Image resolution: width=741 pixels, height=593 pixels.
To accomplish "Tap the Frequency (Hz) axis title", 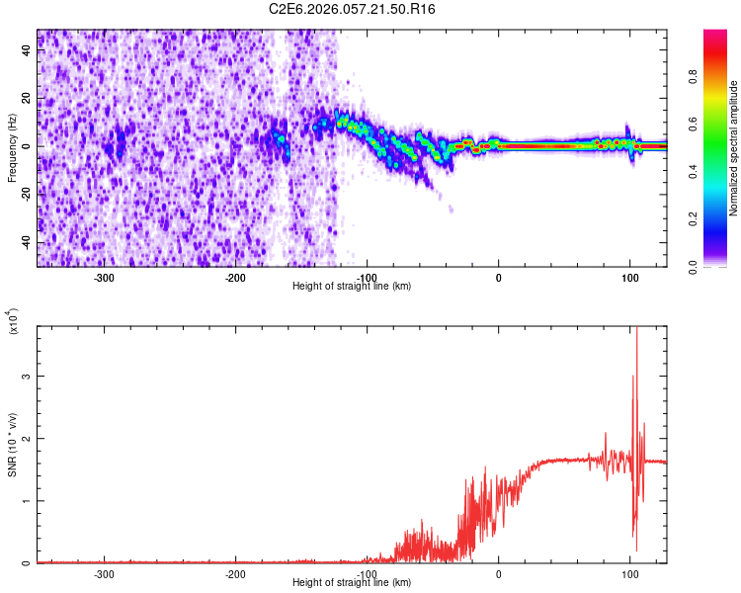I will pos(12,147).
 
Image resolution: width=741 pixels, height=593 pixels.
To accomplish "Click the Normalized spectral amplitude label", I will pos(734,148).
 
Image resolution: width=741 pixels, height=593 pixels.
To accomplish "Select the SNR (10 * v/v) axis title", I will pos(12,444).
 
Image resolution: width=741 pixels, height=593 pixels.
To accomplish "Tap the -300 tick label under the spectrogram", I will pos(104,277).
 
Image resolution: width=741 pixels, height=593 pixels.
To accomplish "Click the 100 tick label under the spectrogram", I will pos(629,277).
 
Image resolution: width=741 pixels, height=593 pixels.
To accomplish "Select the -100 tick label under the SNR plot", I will pos(367,573).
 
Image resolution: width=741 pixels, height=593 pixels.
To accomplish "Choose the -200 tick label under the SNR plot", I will pos(235,573).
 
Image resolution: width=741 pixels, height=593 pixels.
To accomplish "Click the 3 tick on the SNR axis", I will pos(28,377).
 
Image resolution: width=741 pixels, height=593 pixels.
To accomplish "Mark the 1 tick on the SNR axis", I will pos(28,501).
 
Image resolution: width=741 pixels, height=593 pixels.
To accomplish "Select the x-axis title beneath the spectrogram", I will pos(352,286).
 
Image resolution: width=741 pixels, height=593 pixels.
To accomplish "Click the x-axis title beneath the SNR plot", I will pos(352,582).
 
